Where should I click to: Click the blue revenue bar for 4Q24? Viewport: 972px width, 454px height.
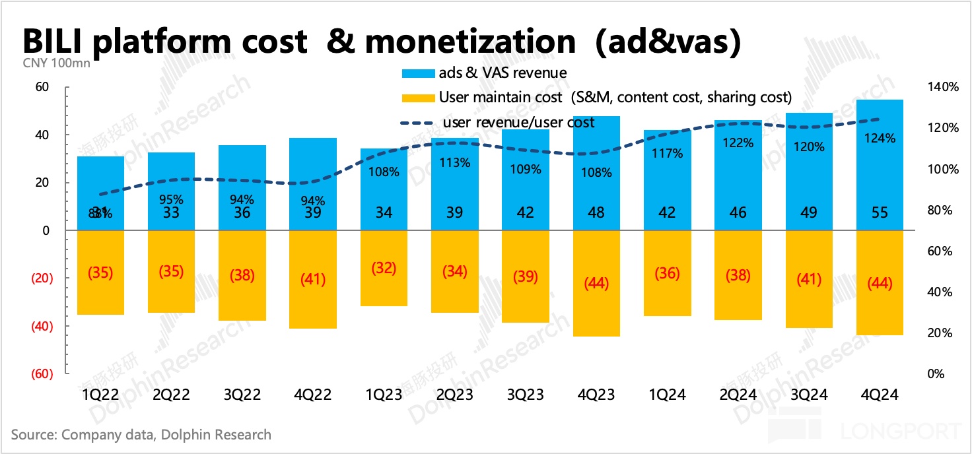click(880, 165)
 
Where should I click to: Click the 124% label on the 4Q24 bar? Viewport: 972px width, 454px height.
click(880, 139)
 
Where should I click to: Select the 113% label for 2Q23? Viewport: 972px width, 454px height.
click(454, 162)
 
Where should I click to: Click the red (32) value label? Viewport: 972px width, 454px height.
click(384, 269)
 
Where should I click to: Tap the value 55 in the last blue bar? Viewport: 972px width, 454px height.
click(880, 212)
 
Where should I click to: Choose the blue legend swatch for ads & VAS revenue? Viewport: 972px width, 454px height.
click(417, 73)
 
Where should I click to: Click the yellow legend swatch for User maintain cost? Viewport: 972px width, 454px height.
click(417, 98)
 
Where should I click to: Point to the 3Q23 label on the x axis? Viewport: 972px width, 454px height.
click(526, 395)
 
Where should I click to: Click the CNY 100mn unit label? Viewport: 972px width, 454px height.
click(56, 64)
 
